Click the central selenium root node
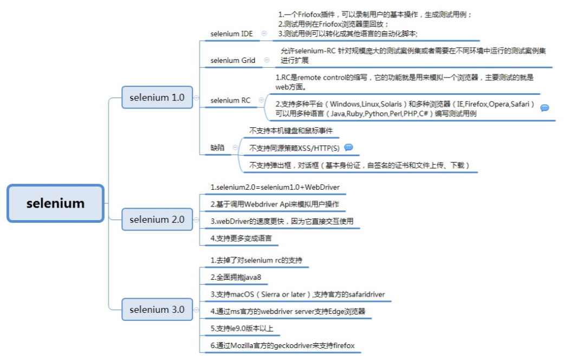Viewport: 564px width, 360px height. [55, 203]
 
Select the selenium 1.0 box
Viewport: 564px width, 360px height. [157, 98]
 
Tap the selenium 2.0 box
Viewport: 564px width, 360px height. [157, 220]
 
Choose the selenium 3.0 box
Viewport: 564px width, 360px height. [157, 310]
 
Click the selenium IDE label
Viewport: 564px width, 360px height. [231, 34]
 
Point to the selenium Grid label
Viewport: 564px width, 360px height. [232, 60]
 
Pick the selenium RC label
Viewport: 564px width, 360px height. [230, 100]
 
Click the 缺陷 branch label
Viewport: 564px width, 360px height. [217, 147]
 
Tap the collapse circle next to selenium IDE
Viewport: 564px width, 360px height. [264, 34]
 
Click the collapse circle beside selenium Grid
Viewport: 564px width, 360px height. [267, 60]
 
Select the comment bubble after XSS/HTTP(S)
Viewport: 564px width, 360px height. [348, 147]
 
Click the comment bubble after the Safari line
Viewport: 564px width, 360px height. [544, 108]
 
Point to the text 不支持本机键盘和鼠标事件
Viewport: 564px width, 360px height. [291, 131]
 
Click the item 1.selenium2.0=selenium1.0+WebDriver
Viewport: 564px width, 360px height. [275, 188]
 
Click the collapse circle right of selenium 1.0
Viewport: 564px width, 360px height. [197, 98]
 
